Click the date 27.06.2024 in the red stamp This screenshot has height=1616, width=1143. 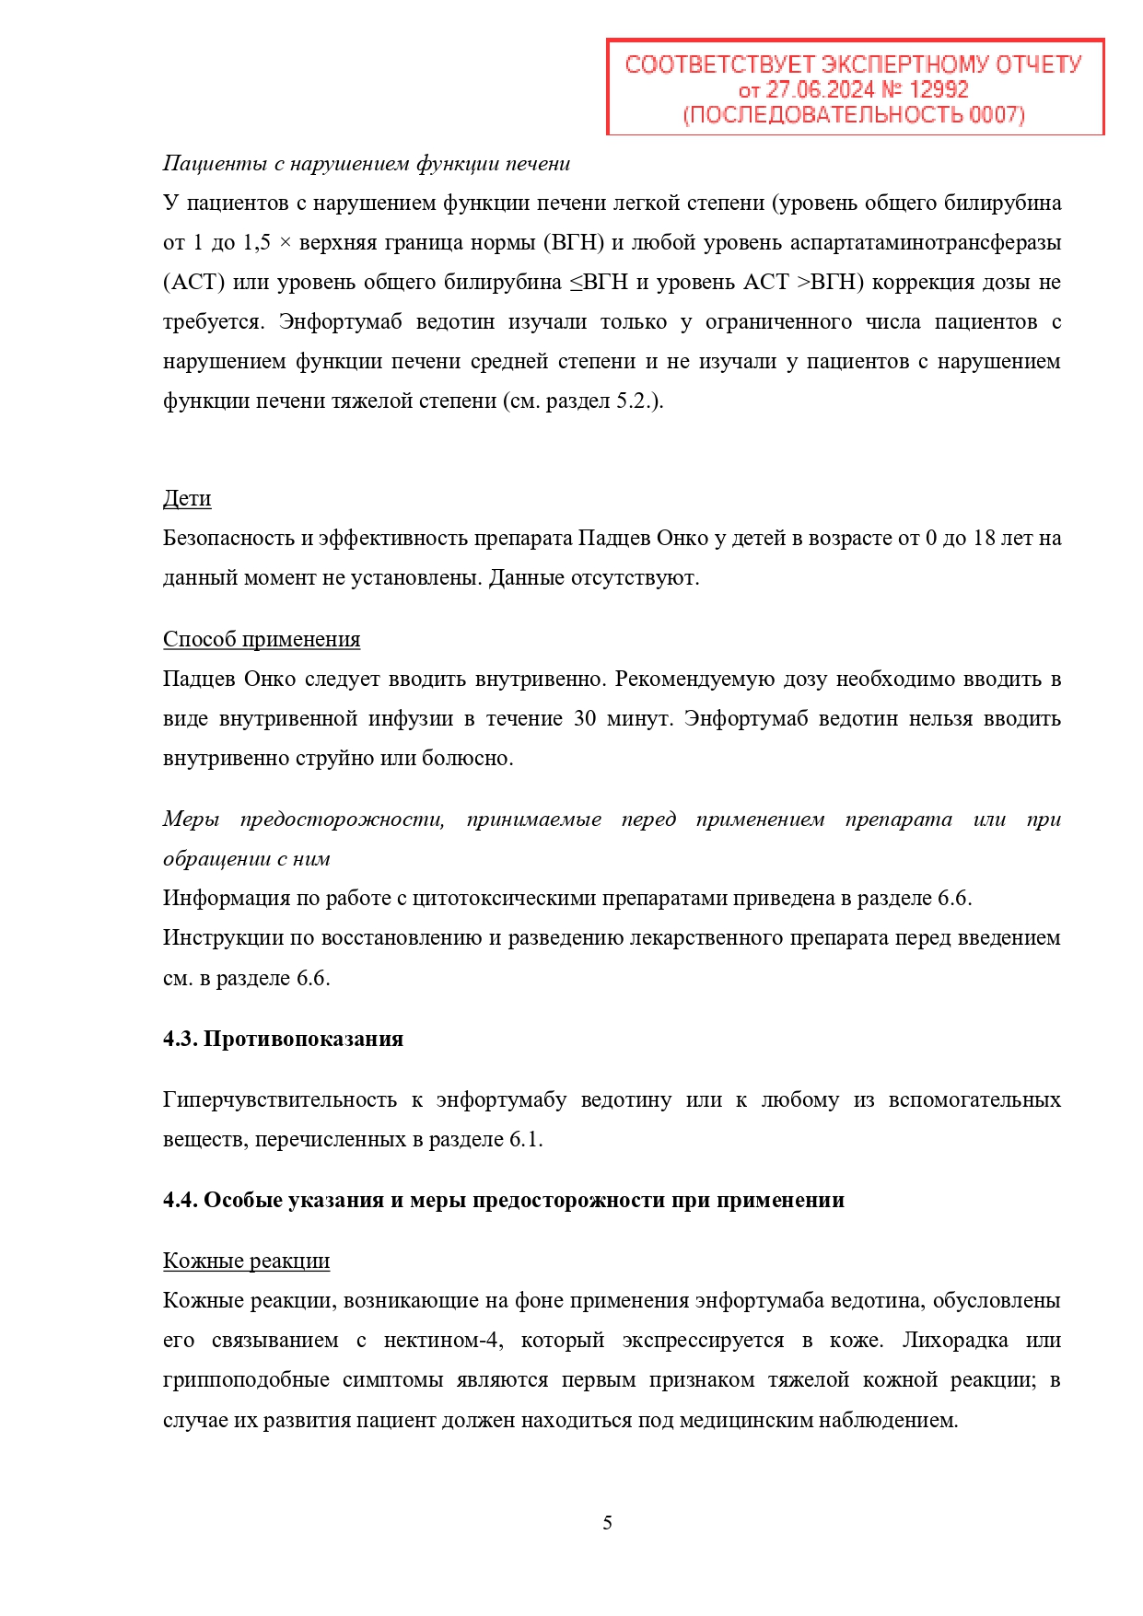(x=820, y=90)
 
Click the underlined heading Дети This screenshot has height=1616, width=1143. (x=187, y=499)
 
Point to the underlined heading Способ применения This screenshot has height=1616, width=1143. (x=262, y=640)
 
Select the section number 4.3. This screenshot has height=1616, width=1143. (x=180, y=1040)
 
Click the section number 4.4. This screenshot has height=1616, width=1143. (x=180, y=1201)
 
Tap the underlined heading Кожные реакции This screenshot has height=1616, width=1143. (x=246, y=1261)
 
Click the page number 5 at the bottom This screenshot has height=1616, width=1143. (x=607, y=1523)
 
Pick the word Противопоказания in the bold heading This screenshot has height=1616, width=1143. (x=303, y=1040)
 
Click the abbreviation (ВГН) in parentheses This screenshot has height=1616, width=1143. (x=575, y=243)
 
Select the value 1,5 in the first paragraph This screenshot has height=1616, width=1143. (x=257, y=243)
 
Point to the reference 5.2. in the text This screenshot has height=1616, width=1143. (x=634, y=401)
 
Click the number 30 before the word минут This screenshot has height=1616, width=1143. (x=585, y=719)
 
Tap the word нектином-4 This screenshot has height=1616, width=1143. (x=443, y=1341)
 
